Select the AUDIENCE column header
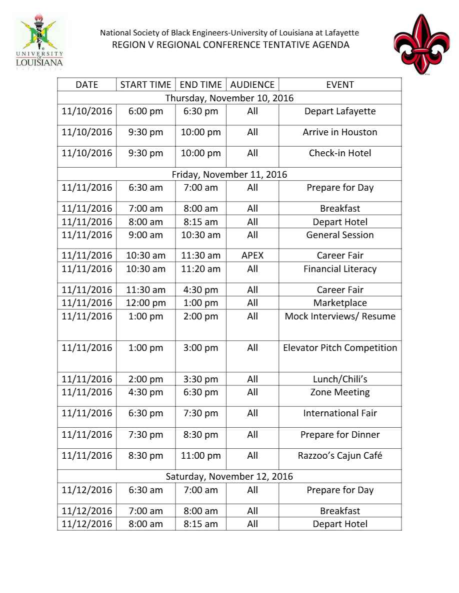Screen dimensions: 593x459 click(x=252, y=84)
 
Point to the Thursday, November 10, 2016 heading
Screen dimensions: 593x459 click(x=229, y=98)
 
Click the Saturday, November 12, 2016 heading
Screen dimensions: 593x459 click(x=229, y=476)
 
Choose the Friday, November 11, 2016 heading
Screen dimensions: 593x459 click(x=229, y=175)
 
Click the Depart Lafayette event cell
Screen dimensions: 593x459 click(x=340, y=111)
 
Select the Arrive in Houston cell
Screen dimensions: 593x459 click(x=340, y=132)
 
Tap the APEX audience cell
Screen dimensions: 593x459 click(x=252, y=256)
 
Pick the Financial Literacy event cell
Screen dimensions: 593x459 click(x=340, y=269)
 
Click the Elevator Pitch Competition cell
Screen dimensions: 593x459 click(x=340, y=347)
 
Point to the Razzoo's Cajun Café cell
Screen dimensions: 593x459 click(x=340, y=455)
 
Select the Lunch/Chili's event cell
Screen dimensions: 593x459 click(x=340, y=379)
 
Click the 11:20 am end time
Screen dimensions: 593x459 click(x=200, y=269)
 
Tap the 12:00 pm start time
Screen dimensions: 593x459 click(x=146, y=303)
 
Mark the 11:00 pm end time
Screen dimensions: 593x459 click(x=200, y=455)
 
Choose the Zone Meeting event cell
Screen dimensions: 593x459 click(x=340, y=392)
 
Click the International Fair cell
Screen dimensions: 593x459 click(x=340, y=413)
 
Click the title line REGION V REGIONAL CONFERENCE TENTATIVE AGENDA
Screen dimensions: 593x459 click(x=229, y=45)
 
